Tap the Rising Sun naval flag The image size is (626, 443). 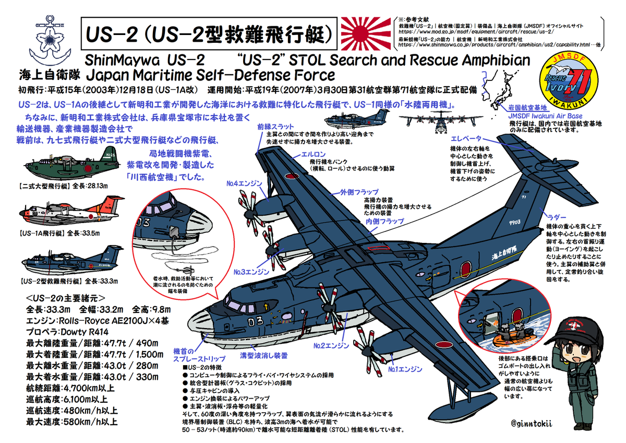click(365, 31)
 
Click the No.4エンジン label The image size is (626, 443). click(245, 184)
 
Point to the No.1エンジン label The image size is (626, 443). click(405, 369)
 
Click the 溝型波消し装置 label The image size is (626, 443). click(263, 356)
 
